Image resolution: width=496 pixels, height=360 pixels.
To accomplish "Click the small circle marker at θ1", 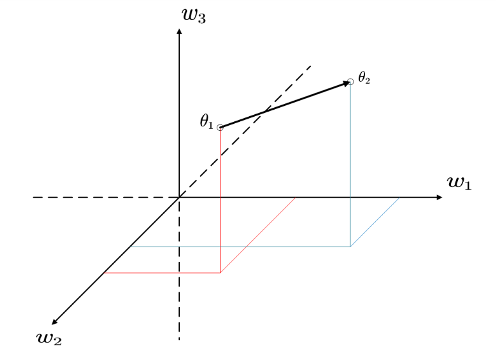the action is (221, 127).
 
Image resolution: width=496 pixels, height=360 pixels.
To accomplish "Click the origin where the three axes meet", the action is (179, 197).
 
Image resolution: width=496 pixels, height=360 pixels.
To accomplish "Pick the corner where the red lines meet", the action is (221, 273).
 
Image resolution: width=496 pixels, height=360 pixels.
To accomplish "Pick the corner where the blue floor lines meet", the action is (350, 246).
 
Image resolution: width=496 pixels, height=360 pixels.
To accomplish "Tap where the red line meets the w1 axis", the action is (296, 197).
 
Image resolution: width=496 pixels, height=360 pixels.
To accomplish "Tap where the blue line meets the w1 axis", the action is (400, 197).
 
